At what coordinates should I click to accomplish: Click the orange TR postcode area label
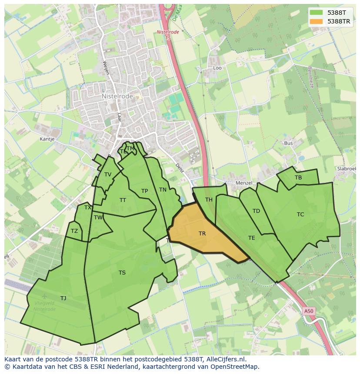(x=202, y=234)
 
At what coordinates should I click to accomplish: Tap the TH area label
(x=209, y=200)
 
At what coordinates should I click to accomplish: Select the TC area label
(x=300, y=215)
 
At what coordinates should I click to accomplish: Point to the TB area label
(x=298, y=178)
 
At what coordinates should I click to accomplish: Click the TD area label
(x=256, y=211)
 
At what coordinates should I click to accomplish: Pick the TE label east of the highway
(x=252, y=238)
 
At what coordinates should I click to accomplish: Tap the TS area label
(x=122, y=273)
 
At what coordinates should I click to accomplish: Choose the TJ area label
(x=63, y=298)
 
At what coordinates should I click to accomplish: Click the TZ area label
(x=74, y=231)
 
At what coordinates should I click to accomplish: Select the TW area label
(x=98, y=218)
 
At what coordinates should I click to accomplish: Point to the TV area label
(x=108, y=175)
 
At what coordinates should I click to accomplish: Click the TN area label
(x=163, y=190)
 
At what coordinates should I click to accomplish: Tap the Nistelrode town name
(x=117, y=96)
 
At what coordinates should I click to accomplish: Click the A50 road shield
(x=308, y=311)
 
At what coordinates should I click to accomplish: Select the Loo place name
(x=217, y=68)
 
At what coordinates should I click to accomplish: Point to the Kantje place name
(x=47, y=139)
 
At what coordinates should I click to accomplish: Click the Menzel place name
(x=244, y=183)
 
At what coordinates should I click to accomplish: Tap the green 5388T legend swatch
(x=316, y=13)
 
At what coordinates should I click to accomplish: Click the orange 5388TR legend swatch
(x=316, y=21)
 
